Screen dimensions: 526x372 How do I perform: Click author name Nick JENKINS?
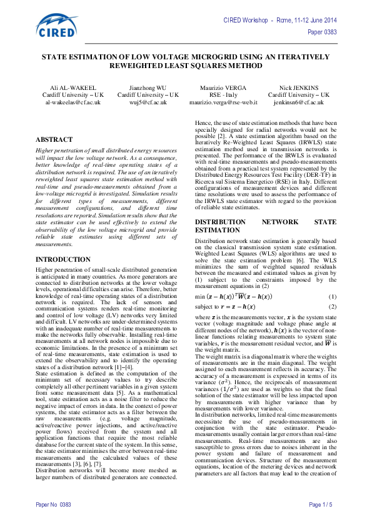[297, 88]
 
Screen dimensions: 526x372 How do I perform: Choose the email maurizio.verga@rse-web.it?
[223, 101]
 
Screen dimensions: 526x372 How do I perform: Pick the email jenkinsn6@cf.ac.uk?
[297, 101]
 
